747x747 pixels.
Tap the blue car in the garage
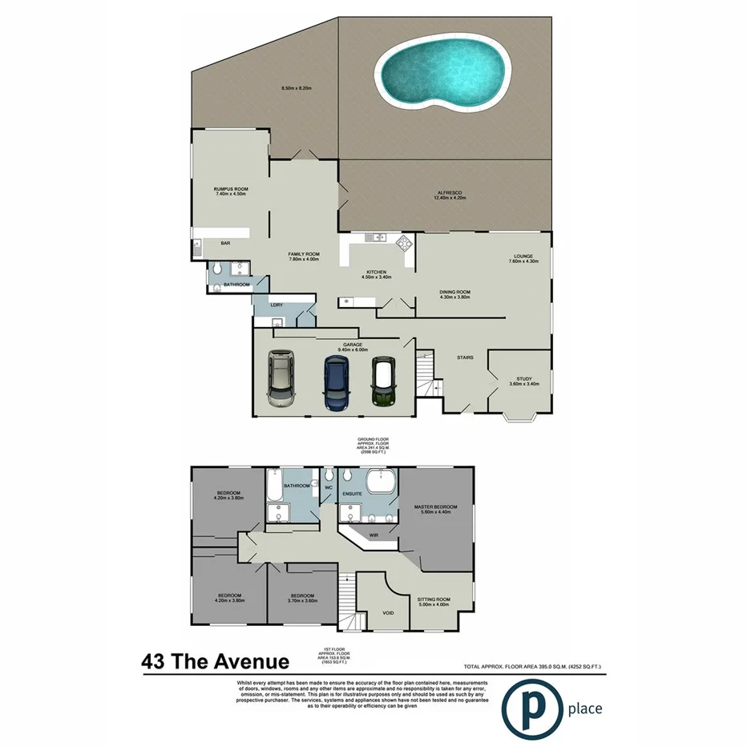coord(337,382)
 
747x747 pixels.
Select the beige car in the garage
coord(281,379)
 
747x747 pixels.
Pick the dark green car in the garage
coord(385,382)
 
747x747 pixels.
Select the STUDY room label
coord(524,379)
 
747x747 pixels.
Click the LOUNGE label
coord(524,256)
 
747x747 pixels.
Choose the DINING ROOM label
coord(454,292)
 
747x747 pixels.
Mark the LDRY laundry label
coord(277,305)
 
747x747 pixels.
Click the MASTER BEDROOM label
coord(435,507)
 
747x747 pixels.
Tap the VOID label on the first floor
coord(388,613)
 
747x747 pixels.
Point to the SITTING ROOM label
coord(434,599)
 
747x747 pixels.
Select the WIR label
coord(373,535)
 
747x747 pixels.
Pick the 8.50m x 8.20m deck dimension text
coord(295,87)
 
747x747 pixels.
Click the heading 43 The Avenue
coord(215,662)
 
